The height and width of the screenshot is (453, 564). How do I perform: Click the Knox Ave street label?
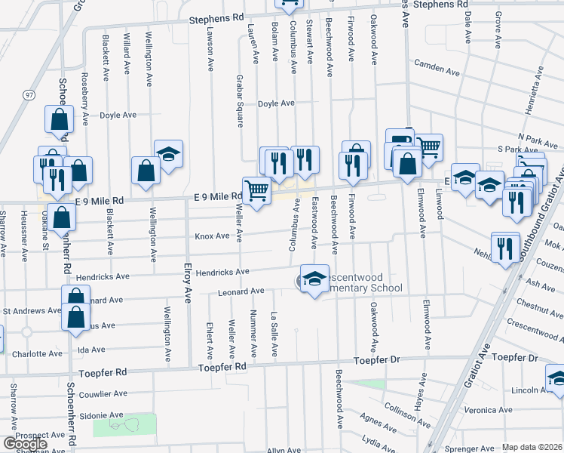(x=212, y=236)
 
